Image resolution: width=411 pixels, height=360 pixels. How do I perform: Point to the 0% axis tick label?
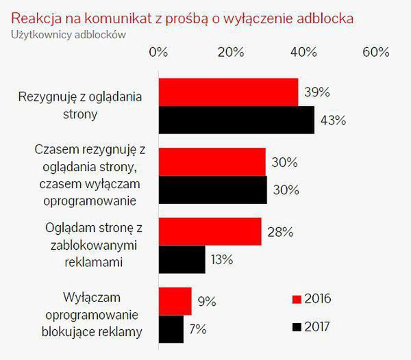[x=158, y=53]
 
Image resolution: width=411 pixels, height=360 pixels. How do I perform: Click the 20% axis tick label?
[x=231, y=53]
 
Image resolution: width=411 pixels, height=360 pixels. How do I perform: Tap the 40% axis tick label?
[x=303, y=53]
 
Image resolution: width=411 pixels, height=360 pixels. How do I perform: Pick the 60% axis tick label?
[x=375, y=53]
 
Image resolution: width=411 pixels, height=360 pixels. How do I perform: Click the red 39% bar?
[x=229, y=92]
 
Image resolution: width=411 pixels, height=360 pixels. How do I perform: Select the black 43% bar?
[x=236, y=120]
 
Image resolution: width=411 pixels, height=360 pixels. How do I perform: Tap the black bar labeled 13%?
[x=182, y=259]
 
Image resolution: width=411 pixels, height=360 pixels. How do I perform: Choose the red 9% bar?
[x=175, y=301]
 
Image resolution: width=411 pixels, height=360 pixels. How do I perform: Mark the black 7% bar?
[x=171, y=329]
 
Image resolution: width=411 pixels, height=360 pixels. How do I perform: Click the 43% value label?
[x=333, y=121]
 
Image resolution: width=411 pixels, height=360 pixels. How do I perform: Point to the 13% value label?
[x=222, y=259]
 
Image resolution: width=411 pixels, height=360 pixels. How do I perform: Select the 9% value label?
[x=206, y=301]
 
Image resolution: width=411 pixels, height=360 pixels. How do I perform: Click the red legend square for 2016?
[x=297, y=299]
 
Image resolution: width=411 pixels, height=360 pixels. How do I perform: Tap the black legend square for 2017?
[x=297, y=327]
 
